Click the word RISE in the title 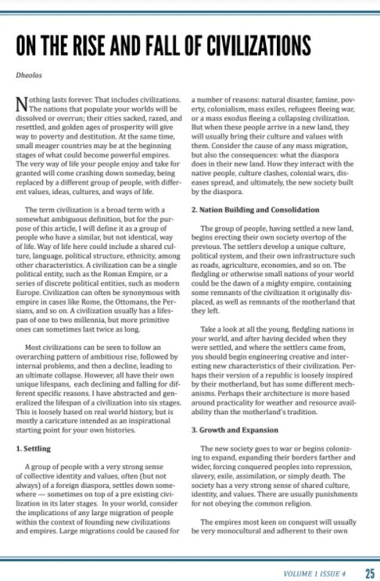(x=100, y=41)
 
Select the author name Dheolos (x=30, y=77)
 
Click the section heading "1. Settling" (x=34, y=449)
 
